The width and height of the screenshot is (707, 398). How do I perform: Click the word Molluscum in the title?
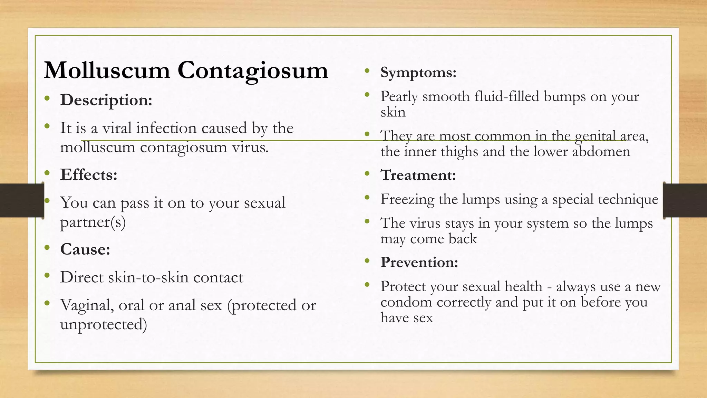(x=107, y=70)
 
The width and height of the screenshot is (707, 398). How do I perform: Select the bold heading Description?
(x=106, y=100)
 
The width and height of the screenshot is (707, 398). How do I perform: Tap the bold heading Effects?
(x=89, y=175)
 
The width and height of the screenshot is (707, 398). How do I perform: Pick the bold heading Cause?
(x=85, y=249)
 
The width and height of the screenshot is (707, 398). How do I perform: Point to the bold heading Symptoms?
(x=418, y=73)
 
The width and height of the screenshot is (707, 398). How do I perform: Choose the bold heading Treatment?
(x=418, y=175)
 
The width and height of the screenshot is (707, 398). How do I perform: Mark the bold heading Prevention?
(x=419, y=263)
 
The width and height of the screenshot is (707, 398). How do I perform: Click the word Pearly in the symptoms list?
(x=399, y=97)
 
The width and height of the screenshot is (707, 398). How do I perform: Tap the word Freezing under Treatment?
(x=407, y=200)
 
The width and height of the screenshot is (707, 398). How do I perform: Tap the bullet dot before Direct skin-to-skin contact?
(x=48, y=276)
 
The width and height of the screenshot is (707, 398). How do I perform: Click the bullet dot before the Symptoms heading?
(x=367, y=71)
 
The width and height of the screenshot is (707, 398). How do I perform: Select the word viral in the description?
(x=117, y=128)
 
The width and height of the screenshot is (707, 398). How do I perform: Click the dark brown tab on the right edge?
(x=685, y=200)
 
